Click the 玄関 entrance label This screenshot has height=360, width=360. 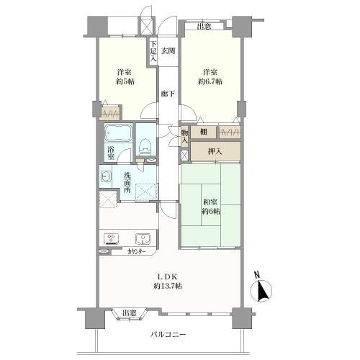pyautogui.click(x=168, y=50)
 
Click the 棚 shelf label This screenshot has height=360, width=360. pyautogui.click(x=204, y=132)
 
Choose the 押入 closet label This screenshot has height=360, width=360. pyautogui.click(x=215, y=151)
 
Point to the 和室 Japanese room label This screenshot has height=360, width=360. pyautogui.click(x=210, y=201)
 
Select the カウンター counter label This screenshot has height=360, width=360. pyautogui.click(x=136, y=252)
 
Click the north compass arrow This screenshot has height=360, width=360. pyautogui.click(x=261, y=292)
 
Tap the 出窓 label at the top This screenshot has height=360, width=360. pyautogui.click(x=204, y=27)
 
